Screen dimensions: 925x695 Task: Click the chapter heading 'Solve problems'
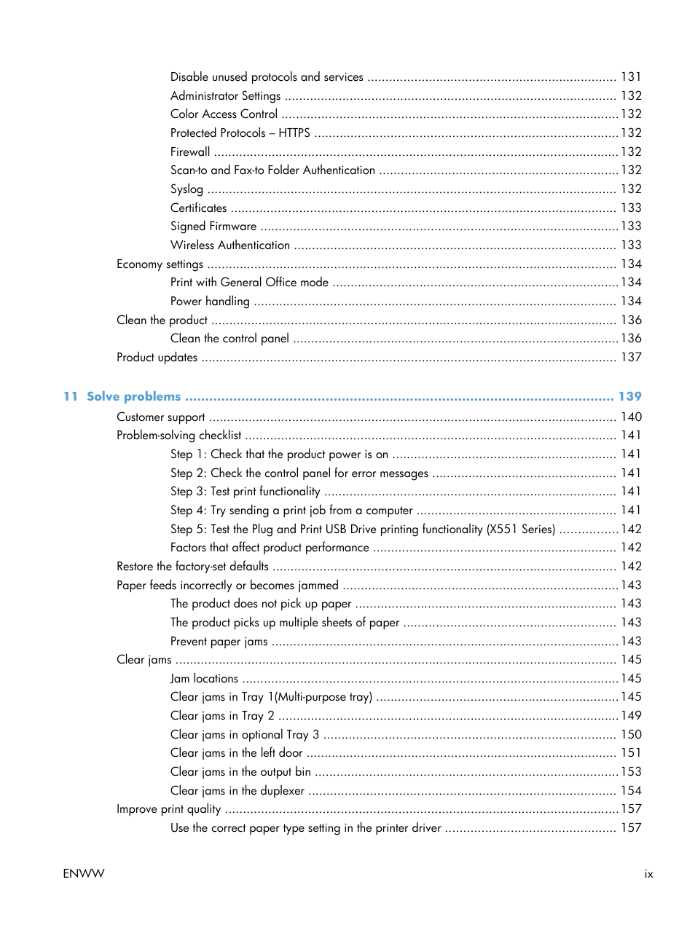[x=133, y=396]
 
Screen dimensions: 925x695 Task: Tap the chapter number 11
[x=70, y=396]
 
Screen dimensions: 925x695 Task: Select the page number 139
[x=629, y=396]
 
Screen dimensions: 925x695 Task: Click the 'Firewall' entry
[x=190, y=151]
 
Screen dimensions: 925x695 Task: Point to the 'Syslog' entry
[x=186, y=189]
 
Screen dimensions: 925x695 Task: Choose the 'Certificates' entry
[x=198, y=208]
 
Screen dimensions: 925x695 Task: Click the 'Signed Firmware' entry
[x=213, y=227]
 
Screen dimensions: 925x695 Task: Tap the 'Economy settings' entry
[x=160, y=264]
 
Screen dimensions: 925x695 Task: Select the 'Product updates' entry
[x=157, y=357]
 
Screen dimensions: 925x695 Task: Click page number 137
[x=631, y=357]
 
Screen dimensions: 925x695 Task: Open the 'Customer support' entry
[x=160, y=417]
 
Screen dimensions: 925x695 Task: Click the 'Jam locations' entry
[x=204, y=678]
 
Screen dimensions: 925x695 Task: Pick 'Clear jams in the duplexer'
[x=237, y=790]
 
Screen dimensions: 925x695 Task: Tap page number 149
[x=631, y=715]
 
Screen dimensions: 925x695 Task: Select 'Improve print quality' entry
[x=168, y=808]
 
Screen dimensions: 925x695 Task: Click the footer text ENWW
[x=84, y=873]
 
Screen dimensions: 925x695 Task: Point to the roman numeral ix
[x=648, y=873]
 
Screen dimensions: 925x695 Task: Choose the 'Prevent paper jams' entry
[x=219, y=641]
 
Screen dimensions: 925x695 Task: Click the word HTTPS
[x=294, y=133]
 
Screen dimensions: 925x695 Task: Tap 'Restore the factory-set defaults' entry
[x=192, y=566]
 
